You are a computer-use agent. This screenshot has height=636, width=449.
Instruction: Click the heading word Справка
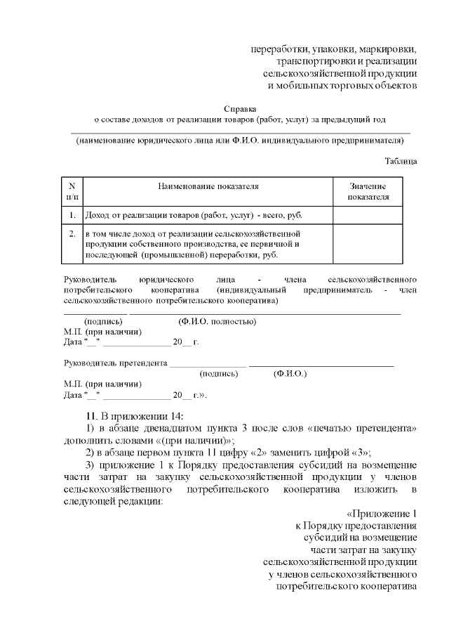tap(240, 109)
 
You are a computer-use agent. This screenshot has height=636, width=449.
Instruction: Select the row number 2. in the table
tap(72, 233)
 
